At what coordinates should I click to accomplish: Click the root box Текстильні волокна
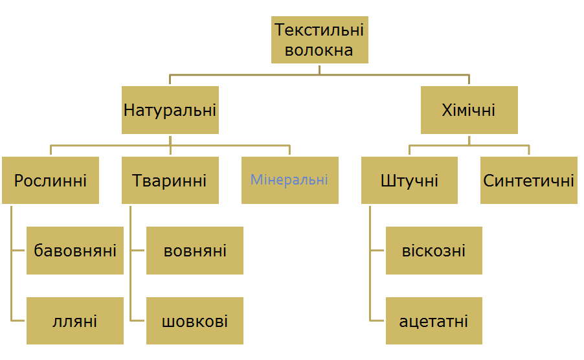tap(320, 40)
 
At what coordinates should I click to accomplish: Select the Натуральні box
tap(170, 110)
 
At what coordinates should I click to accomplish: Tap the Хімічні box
tap(469, 110)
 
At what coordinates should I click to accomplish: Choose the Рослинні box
tap(51, 180)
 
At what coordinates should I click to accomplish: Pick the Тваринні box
tap(170, 180)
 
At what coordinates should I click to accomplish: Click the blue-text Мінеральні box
tap(290, 180)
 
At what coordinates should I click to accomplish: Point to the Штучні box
tap(409, 180)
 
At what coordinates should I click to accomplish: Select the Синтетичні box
tap(529, 180)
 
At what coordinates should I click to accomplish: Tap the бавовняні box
tap(75, 251)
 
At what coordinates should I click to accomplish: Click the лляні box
tap(75, 321)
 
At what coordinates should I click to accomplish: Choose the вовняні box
tap(195, 251)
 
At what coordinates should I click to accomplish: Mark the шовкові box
tap(195, 321)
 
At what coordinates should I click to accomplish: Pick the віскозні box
tap(434, 251)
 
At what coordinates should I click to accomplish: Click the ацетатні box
tap(434, 321)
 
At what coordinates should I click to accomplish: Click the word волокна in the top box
tap(319, 51)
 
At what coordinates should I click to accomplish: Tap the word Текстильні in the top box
tap(319, 30)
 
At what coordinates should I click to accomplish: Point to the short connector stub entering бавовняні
tap(18, 251)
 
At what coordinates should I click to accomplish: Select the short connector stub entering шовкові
tap(137, 321)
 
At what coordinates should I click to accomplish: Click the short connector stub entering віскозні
tap(377, 251)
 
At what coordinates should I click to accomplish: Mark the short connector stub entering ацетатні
tap(377, 321)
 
